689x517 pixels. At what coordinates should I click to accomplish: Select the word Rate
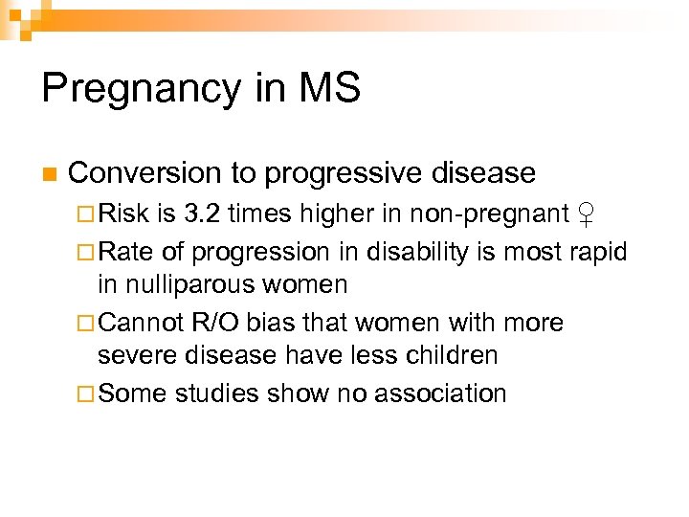122,252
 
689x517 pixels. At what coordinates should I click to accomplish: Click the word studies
215,393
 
